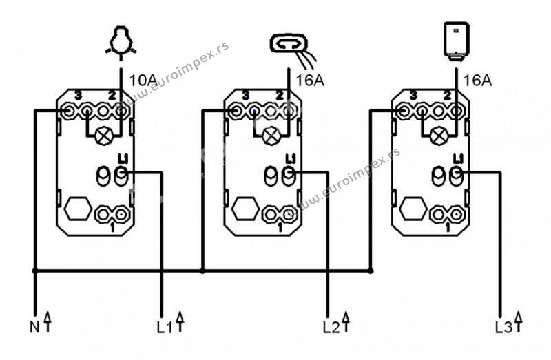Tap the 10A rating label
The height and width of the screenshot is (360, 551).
point(143,81)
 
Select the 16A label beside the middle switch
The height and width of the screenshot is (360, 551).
point(311,81)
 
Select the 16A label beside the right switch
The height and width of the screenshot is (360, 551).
point(477,81)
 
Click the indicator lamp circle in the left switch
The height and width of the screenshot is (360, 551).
point(107,134)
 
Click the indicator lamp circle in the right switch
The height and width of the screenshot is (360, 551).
point(439,134)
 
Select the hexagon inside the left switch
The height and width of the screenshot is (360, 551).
point(76,209)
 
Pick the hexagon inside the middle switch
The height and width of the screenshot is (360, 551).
point(244,209)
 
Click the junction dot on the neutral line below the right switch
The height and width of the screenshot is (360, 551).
point(371,271)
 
